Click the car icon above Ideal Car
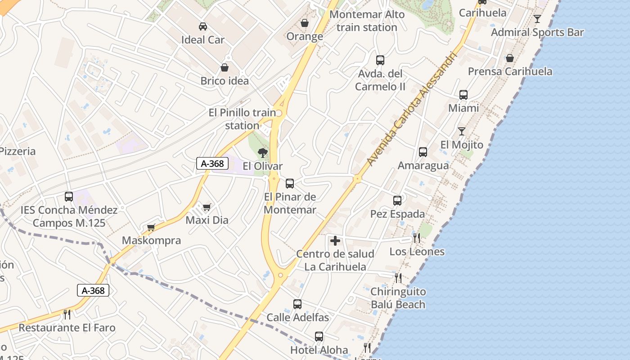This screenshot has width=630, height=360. point(203,27)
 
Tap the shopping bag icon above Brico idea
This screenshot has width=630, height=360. point(225,67)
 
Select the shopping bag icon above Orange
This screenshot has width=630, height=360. point(305,22)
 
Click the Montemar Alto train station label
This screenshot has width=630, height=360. point(367,21)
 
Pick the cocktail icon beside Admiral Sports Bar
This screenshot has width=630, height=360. point(537,19)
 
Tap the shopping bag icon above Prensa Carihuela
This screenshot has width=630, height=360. point(510,58)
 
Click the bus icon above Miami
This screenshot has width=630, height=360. point(463,95)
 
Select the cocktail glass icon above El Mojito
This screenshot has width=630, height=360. point(462,131)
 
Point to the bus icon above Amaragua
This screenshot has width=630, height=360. point(423,152)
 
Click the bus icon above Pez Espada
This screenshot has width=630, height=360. point(397,201)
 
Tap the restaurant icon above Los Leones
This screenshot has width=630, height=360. point(417,238)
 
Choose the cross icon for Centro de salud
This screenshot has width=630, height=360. point(335,241)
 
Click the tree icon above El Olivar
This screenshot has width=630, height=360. point(263,153)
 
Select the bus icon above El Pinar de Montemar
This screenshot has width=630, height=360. point(290,184)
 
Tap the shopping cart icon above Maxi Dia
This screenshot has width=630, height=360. point(207,207)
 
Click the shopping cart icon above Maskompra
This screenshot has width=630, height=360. point(151,227)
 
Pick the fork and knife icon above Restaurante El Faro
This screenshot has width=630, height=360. point(67,314)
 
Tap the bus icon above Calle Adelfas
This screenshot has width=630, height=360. point(297,304)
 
